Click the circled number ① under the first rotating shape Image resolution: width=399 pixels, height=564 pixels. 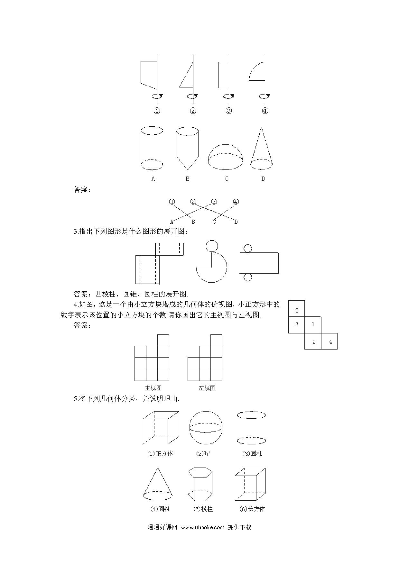(x=157, y=111)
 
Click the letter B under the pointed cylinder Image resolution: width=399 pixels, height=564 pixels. (x=188, y=179)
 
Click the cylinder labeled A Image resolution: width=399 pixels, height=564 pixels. (x=152, y=148)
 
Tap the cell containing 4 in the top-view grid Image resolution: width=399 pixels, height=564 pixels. (x=329, y=341)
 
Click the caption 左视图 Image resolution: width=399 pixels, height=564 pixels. (x=207, y=388)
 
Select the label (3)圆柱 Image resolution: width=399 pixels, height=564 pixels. (x=252, y=454)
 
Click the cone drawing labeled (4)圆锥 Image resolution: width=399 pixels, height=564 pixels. (x=158, y=484)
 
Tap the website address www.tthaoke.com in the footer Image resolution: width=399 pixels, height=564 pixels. (x=203, y=527)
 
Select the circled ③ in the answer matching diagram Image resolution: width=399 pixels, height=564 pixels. (x=214, y=202)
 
